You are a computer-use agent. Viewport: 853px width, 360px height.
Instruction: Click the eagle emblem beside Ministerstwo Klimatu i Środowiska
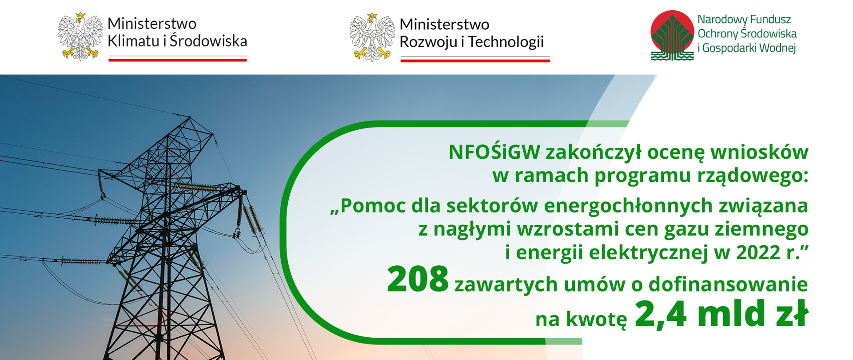click(x=80, y=36)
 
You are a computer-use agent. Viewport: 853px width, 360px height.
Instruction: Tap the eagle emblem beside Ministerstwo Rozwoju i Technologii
click(x=372, y=37)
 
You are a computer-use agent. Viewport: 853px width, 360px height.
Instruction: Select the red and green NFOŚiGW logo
click(x=672, y=35)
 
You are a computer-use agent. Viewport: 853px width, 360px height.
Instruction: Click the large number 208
click(x=418, y=279)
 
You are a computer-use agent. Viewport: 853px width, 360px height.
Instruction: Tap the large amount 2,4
click(x=661, y=314)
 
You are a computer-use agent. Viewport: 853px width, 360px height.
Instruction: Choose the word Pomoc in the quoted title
click(x=374, y=205)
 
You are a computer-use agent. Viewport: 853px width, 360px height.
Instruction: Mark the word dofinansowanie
click(x=728, y=284)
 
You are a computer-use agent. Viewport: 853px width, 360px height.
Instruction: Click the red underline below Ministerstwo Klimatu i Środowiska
click(x=178, y=60)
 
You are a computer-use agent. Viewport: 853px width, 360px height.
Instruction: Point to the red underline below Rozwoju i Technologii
click(x=475, y=60)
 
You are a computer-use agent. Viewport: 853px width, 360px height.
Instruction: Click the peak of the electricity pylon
click(x=190, y=118)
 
